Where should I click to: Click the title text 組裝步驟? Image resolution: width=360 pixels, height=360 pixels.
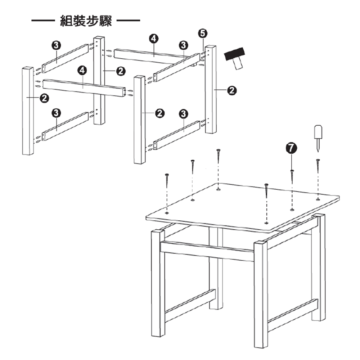86,21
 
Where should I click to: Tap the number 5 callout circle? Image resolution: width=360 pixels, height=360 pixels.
202,33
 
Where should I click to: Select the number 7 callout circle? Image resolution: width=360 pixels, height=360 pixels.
291,148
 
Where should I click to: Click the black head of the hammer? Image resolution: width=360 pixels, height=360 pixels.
234,54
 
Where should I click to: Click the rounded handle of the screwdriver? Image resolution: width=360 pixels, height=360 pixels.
318,132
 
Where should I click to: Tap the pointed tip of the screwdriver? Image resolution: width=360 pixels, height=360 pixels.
318,152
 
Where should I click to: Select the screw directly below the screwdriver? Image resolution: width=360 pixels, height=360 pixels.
318,166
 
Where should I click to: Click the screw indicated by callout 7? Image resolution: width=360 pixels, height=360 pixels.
292,177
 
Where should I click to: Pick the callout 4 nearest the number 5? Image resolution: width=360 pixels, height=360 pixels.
154,39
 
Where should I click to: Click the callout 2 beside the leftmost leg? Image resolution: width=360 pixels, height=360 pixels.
44,98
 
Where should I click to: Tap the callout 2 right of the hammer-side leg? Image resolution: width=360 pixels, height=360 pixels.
232,90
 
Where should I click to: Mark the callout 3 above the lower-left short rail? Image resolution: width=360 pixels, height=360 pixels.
56,113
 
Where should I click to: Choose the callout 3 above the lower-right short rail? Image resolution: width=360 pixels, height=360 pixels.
184,114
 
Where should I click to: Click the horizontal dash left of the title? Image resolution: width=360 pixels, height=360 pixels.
43,21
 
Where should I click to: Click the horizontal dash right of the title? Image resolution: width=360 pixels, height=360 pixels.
129,21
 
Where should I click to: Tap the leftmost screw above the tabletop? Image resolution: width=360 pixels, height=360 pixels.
167,181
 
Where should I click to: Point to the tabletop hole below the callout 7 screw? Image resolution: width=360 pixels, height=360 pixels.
292,210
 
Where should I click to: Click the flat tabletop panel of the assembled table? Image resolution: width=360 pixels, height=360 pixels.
243,208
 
